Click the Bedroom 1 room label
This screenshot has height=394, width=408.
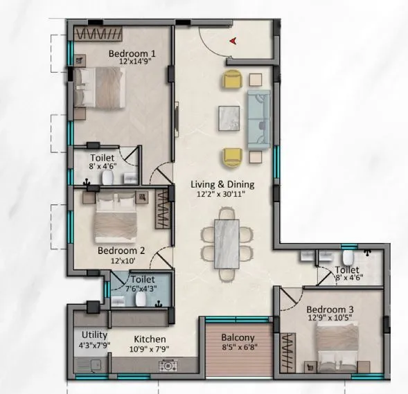pyautogui.click(x=132, y=53)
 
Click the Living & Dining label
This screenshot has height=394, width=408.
pyautogui.click(x=223, y=185)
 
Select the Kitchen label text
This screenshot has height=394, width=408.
pyautogui.click(x=150, y=339)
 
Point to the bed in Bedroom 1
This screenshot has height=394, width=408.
pyautogui.click(x=101, y=87)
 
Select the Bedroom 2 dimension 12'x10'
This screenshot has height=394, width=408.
pyautogui.click(x=121, y=261)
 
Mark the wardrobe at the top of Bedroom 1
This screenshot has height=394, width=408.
pyautogui.click(x=100, y=33)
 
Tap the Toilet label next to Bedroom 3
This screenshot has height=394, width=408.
pyautogui.click(x=346, y=270)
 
